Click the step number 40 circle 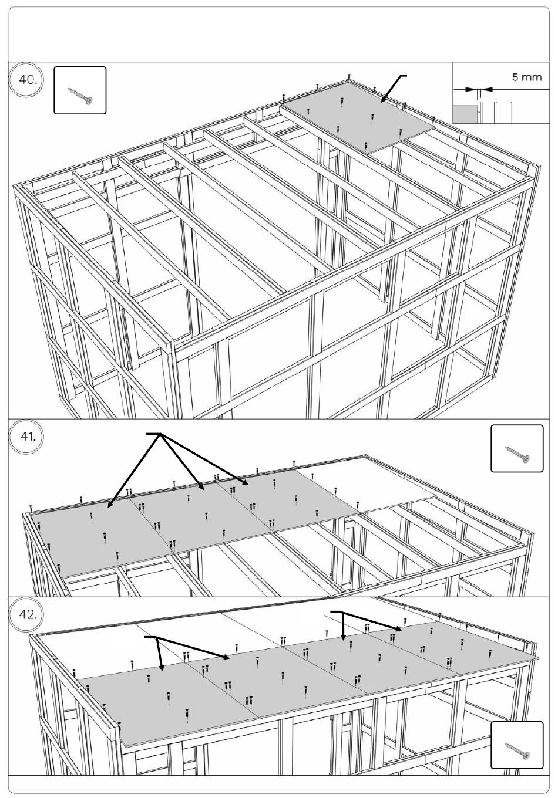(x=26, y=80)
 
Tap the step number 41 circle (x=26, y=437)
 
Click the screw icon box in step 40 (x=80, y=90)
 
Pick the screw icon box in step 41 (x=517, y=448)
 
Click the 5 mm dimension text (x=527, y=77)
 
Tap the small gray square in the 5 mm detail (x=465, y=113)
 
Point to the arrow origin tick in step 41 (x=154, y=434)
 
